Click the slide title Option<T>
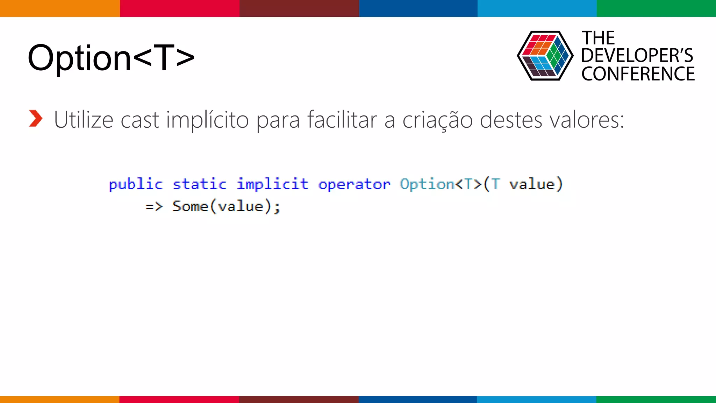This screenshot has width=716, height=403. [111, 58]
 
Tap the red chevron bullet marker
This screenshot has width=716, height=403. [36, 119]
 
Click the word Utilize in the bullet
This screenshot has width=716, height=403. [84, 120]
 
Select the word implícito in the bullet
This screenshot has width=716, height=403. [207, 120]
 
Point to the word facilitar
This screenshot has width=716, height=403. [342, 120]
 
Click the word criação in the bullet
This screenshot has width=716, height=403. [438, 120]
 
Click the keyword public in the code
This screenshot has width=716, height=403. [136, 184]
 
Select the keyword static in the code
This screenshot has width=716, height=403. [200, 184]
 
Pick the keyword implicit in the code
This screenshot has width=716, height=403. [273, 184]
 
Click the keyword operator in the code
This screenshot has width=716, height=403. [354, 184]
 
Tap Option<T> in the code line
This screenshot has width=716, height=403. [441, 184]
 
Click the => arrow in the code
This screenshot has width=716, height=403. [154, 206]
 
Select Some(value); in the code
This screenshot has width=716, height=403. [226, 206]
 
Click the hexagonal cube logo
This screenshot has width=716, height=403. [545, 56]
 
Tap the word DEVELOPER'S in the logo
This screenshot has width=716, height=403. [637, 56]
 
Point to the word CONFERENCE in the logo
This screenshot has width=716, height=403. [638, 74]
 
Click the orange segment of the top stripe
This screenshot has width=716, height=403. [60, 8]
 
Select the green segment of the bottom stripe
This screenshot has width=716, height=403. [656, 399]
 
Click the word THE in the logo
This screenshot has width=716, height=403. [598, 38]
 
